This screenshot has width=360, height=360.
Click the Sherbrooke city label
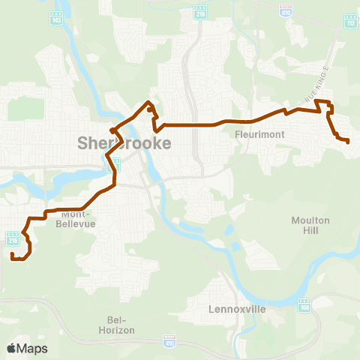[124, 142]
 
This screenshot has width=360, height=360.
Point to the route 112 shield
[351, 23]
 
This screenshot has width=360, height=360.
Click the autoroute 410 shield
[169, 341]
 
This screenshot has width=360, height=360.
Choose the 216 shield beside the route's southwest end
[13, 238]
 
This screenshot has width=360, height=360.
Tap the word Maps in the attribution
[33, 348]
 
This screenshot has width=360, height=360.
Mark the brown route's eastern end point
[348, 141]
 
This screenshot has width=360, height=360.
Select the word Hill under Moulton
[305, 230]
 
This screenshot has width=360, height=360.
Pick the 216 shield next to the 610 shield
[199, 15]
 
